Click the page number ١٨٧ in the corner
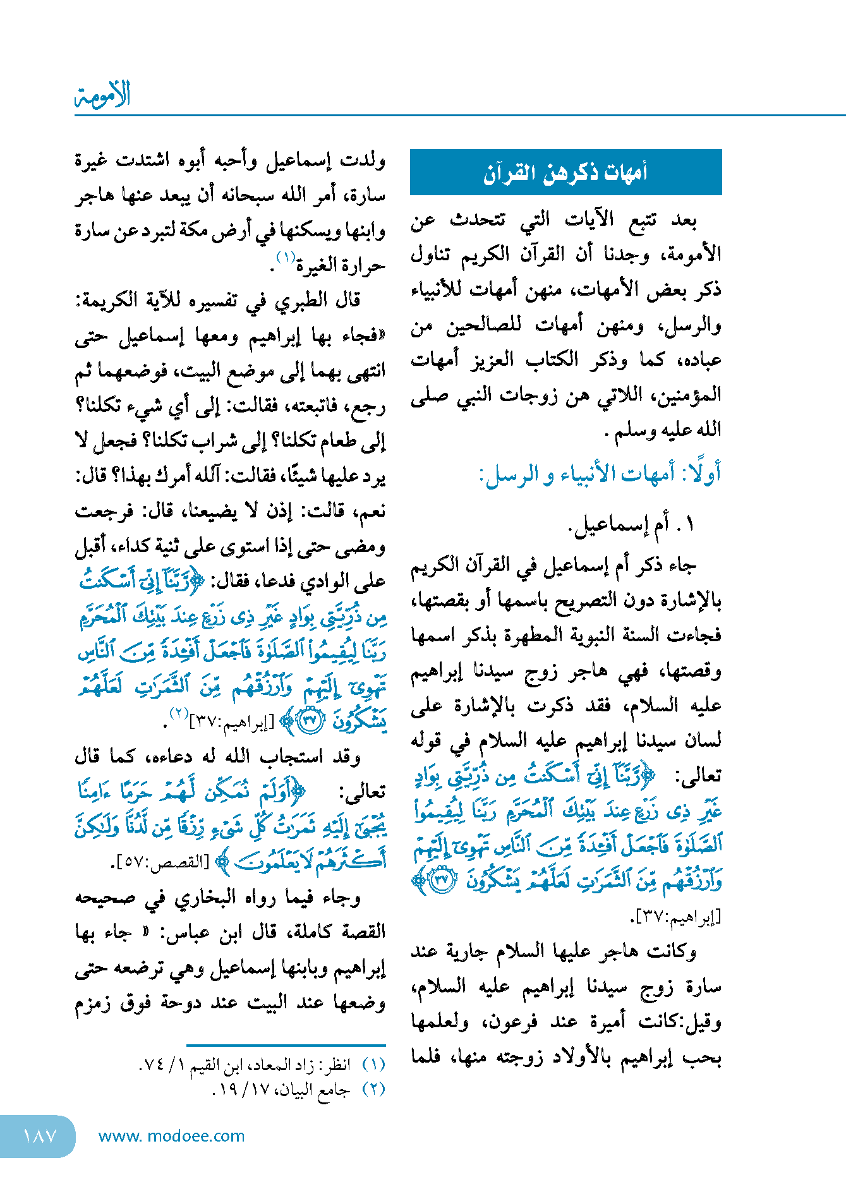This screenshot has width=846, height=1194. point(39,1136)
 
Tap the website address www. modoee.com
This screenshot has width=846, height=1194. point(171,1136)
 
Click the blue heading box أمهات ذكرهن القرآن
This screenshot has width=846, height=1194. point(565,172)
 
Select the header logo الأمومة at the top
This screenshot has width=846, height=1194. point(103,95)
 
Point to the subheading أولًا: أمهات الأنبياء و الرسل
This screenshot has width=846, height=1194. point(600,474)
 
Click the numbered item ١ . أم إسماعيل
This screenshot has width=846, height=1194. point(632,524)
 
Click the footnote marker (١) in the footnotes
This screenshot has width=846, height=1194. point(373,1064)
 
